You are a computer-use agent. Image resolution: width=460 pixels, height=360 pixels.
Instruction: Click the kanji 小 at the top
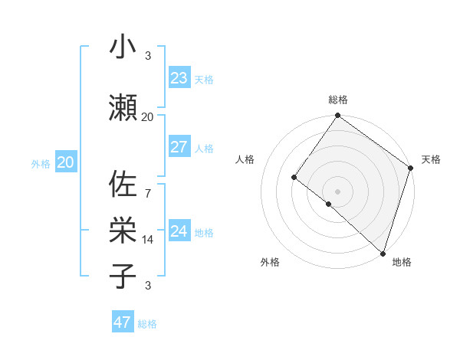[123, 47]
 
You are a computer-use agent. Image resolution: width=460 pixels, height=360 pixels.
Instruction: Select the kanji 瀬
[123, 106]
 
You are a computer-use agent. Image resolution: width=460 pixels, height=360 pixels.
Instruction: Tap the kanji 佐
[123, 186]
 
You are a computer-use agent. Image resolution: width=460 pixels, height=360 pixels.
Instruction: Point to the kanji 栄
[123, 228]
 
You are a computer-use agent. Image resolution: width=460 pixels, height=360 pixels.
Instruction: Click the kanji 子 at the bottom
[123, 275]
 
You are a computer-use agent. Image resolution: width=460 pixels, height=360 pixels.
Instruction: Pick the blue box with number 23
[179, 78]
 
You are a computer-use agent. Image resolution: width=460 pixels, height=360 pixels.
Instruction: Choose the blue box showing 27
[179, 147]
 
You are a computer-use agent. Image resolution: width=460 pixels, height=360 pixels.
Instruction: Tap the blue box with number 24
[179, 231]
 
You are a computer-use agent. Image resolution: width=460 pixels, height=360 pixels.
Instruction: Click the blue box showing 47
[123, 322]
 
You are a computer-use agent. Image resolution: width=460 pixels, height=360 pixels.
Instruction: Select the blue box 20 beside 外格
[66, 162]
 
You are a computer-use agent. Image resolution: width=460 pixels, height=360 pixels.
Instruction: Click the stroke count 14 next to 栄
[147, 240]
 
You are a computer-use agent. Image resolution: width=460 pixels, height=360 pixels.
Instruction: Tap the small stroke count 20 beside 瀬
[147, 116]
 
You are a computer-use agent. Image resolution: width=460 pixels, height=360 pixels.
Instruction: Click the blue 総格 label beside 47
[147, 324]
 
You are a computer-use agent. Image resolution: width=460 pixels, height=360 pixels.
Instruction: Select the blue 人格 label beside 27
[204, 149]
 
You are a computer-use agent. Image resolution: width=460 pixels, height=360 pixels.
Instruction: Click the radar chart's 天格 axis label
[431, 159]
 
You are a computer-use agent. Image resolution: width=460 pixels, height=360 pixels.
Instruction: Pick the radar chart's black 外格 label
[270, 263]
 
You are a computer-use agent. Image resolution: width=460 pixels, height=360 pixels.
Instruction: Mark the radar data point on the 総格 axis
[337, 116]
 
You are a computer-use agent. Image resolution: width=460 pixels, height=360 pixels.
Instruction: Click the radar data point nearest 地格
[382, 253]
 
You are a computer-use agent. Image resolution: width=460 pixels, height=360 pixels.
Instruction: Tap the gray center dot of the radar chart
[337, 191]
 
